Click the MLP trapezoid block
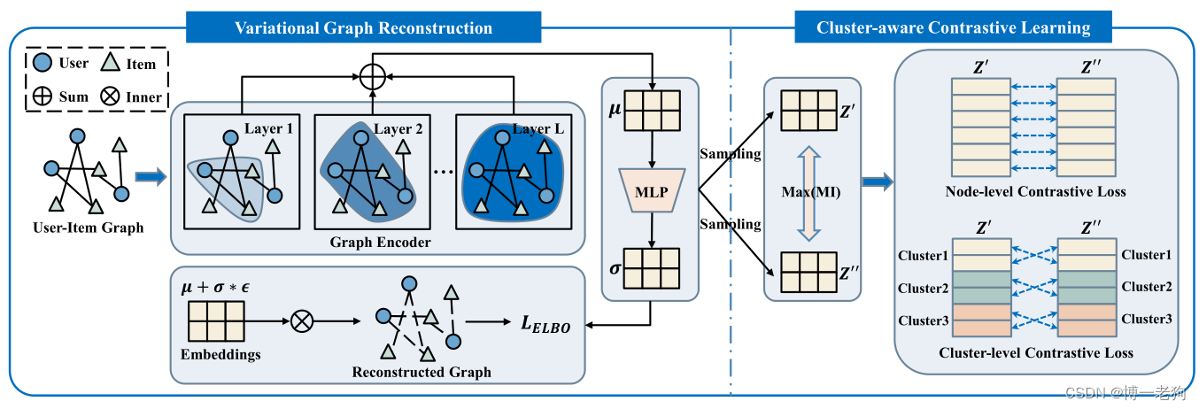pyautogui.click(x=652, y=191)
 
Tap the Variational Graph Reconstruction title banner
pyautogui.click(x=363, y=27)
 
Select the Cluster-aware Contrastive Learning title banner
pyautogui.click(x=953, y=27)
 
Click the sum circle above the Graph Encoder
pyautogui.click(x=373, y=76)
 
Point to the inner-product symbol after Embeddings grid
pyautogui.click(x=302, y=321)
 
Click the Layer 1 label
pyautogui.click(x=268, y=128)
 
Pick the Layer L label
pyautogui.click(x=538, y=129)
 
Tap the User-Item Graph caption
pyautogui.click(x=89, y=228)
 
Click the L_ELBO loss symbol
pyautogui.click(x=545, y=324)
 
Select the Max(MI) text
pyautogui.click(x=811, y=191)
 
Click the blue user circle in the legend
pyautogui.click(x=43, y=63)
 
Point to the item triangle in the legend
pyautogui.click(x=111, y=62)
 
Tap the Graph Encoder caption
pyautogui.click(x=380, y=242)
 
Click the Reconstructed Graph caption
pyautogui.click(x=422, y=372)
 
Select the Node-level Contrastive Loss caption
pyautogui.click(x=1035, y=191)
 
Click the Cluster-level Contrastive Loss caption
pyautogui.click(x=1036, y=353)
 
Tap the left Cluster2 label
pyautogui.click(x=923, y=288)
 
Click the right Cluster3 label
pyautogui.click(x=1147, y=319)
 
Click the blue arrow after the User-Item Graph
pyautogui.click(x=151, y=177)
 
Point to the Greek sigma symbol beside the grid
pyautogui.click(x=615, y=268)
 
